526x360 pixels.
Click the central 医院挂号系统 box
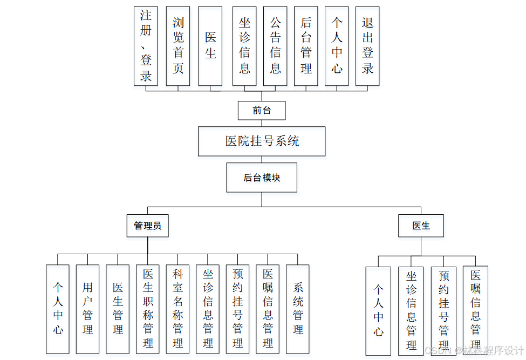(262, 141)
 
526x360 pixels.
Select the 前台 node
(262, 111)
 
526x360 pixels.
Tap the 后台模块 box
(262, 178)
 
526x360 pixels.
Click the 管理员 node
(147, 226)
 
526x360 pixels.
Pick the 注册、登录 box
(146, 46)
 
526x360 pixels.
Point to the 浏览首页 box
(178, 46)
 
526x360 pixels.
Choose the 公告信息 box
(275, 46)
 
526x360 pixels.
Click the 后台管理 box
(306, 46)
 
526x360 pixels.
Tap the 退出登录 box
(367, 46)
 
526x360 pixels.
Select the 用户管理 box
(87, 309)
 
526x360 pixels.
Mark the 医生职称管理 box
(148, 309)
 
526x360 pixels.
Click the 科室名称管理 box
(178, 309)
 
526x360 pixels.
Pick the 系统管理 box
(298, 309)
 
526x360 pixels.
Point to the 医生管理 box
(118, 309)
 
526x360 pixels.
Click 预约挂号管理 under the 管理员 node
(237, 309)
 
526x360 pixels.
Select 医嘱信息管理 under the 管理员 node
(268, 309)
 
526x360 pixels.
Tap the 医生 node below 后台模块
(421, 226)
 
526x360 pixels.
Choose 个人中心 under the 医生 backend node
(378, 310)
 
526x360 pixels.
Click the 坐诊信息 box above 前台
(244, 46)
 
